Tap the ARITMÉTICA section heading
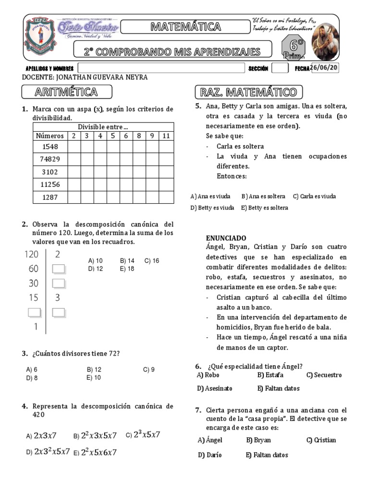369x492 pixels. tap(66, 92)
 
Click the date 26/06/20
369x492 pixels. tap(324, 68)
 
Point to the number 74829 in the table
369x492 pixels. tap(50, 159)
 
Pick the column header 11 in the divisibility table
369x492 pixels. tap(166, 136)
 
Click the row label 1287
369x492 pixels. tap(50, 197)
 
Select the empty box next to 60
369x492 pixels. tap(58, 269)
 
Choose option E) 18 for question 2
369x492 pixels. tap(127, 269)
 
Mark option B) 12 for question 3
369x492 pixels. tap(94, 370)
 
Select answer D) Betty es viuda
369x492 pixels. tap(212, 208)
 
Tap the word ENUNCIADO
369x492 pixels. tap(226, 238)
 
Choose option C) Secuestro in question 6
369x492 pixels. tap(324, 375)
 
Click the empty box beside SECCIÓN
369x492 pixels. tap(279, 68)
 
